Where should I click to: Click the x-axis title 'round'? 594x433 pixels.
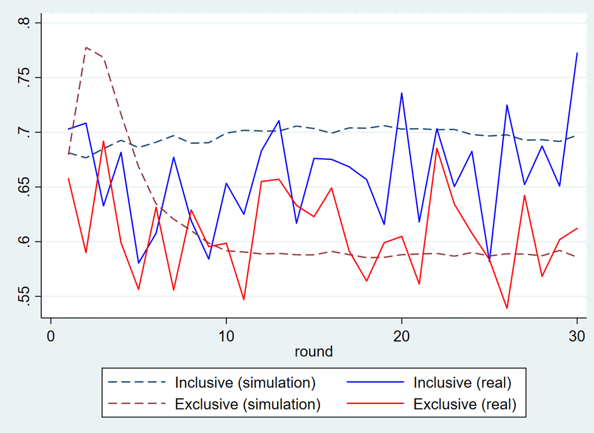(x=313, y=351)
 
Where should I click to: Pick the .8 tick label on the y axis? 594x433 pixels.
(x=28, y=23)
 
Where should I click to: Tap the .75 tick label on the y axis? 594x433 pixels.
(x=28, y=78)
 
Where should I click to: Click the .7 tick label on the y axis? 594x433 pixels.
(x=28, y=133)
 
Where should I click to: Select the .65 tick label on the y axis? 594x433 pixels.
(x=28, y=187)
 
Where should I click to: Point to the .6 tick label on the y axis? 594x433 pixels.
(x=28, y=242)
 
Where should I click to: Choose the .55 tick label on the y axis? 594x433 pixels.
(x=28, y=296)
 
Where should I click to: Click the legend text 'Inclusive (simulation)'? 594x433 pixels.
(x=246, y=383)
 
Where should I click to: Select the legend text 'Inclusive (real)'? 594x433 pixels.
(x=462, y=383)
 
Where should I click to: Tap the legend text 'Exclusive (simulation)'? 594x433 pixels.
(x=248, y=404)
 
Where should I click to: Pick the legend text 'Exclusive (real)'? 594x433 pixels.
(x=465, y=404)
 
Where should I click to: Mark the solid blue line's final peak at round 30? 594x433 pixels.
(x=577, y=53)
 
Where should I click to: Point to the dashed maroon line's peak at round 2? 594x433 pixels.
(x=86, y=48)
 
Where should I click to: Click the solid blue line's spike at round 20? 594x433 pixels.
(x=401, y=93)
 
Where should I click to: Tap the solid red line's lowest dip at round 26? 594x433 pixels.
(x=506, y=308)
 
